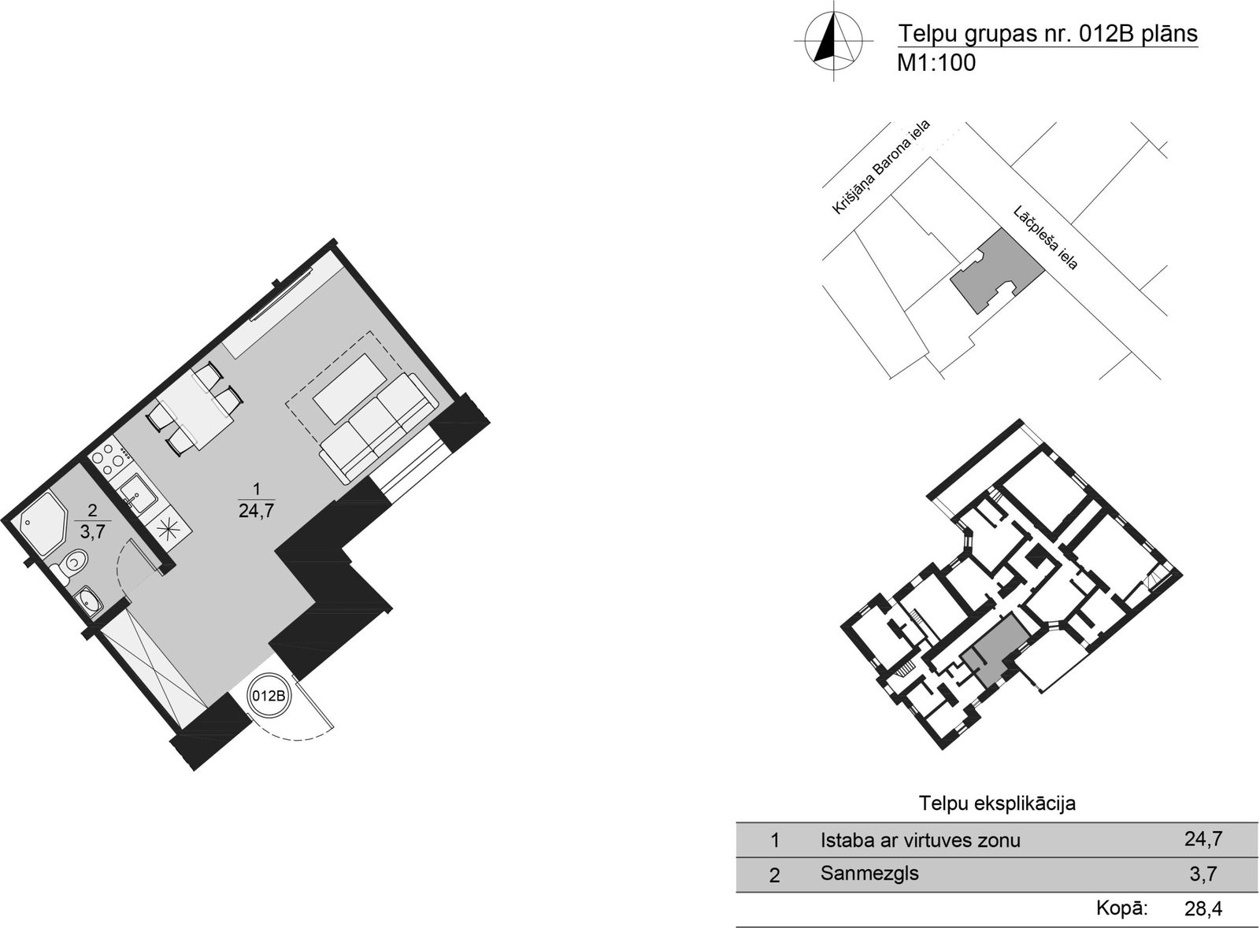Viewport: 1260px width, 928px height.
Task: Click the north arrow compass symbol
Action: point(833,41)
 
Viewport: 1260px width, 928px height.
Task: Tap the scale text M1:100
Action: point(936,63)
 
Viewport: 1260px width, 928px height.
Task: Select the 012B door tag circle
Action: point(269,696)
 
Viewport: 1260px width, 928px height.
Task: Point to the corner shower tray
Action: point(43,523)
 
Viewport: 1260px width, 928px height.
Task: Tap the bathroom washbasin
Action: point(88,601)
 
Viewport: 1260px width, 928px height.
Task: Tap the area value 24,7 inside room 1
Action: point(257,511)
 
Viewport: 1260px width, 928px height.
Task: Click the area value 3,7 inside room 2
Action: point(92,531)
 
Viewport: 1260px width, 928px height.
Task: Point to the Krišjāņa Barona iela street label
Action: point(881,167)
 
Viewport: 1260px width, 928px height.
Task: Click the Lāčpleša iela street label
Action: point(1046,238)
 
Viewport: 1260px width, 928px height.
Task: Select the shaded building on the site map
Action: point(997,271)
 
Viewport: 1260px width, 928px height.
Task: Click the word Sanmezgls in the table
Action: point(869,873)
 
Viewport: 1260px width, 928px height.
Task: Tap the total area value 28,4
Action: point(1203,908)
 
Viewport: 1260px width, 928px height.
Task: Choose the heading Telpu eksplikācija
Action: point(997,803)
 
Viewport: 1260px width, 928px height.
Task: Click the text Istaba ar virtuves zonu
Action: point(921,841)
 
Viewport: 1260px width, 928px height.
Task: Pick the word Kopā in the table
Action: point(1121,908)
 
